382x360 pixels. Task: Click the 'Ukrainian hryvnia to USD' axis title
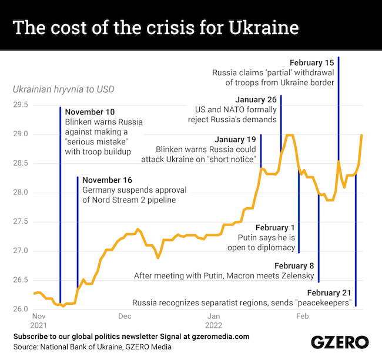pyautogui.click(x=63, y=90)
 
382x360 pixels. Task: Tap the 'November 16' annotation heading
pyautogui.click(x=108, y=180)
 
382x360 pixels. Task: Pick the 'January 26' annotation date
pyautogui.click(x=255, y=99)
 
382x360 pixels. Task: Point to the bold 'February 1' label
pyautogui.click(x=274, y=227)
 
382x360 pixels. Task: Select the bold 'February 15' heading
pyautogui.click(x=312, y=62)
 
